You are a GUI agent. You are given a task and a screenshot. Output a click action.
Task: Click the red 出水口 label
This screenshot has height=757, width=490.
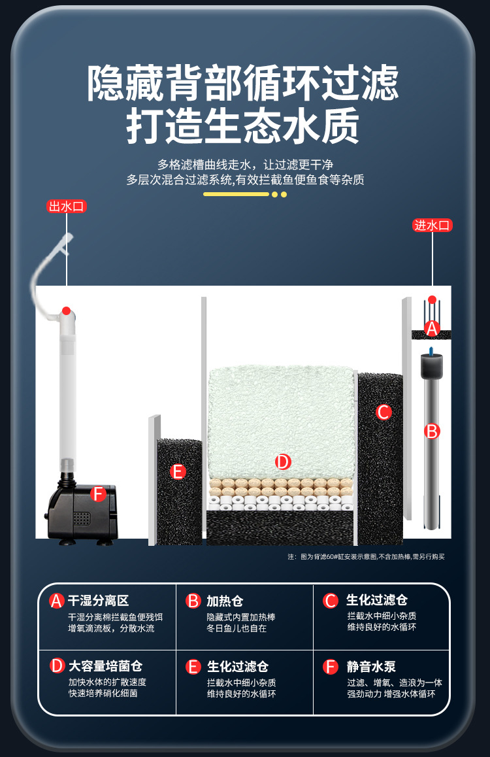click(67, 207)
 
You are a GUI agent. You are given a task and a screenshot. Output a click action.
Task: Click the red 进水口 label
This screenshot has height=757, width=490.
click(433, 226)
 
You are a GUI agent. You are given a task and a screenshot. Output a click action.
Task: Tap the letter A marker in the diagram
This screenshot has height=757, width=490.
click(431, 328)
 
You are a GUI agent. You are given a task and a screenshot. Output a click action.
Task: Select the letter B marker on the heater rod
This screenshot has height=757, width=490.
click(432, 431)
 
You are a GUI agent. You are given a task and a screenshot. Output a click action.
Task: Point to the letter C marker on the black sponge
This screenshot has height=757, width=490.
click(384, 412)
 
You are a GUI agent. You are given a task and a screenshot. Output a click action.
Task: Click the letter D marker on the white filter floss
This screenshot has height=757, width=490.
click(282, 462)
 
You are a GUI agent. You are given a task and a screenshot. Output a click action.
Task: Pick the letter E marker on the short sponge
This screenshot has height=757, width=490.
click(178, 471)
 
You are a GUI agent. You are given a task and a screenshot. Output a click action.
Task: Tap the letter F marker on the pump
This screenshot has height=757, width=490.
click(98, 494)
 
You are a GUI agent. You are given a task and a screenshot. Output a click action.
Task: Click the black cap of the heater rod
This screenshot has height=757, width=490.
click(430, 366)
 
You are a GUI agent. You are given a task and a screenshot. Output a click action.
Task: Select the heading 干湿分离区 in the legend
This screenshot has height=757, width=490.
click(99, 601)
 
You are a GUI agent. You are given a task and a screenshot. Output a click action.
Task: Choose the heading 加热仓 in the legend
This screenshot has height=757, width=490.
click(225, 601)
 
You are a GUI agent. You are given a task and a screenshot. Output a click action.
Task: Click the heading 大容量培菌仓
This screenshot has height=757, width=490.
click(105, 666)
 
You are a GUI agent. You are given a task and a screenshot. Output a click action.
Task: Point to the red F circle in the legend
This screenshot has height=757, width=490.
click(331, 667)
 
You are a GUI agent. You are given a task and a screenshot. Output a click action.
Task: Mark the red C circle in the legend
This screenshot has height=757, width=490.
click(331, 601)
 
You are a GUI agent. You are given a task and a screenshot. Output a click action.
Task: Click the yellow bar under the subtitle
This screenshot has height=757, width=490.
click(236, 194)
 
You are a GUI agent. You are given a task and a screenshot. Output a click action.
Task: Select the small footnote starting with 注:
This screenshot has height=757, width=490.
click(366, 557)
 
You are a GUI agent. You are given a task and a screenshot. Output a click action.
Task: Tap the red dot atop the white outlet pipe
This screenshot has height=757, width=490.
click(66, 310)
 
